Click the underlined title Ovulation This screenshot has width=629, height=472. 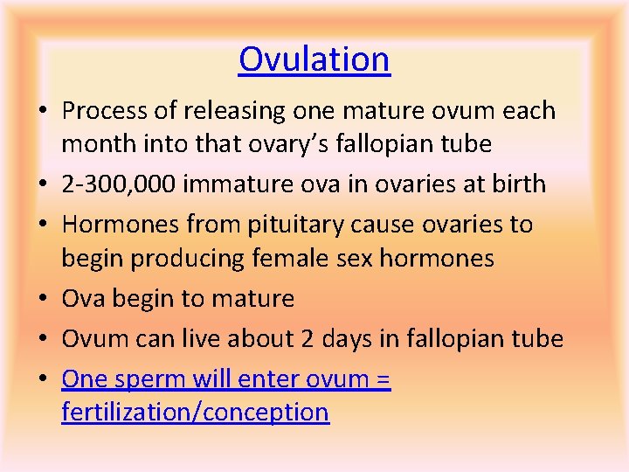point(314,59)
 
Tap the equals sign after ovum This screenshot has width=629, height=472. point(383,379)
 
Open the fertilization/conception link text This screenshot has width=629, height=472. point(195,412)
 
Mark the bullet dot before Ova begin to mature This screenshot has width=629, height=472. point(45,300)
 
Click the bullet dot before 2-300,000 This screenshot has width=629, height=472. point(45,185)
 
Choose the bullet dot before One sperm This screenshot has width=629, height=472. point(45,380)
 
